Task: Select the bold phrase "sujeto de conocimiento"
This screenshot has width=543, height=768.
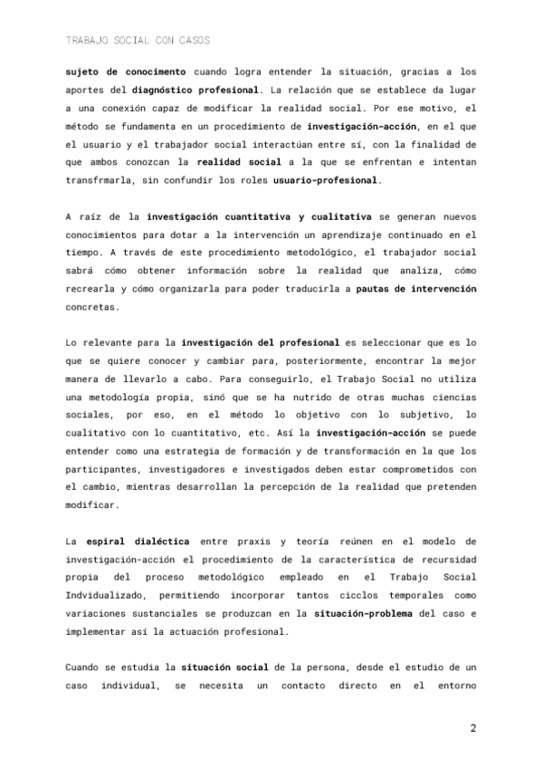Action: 125,71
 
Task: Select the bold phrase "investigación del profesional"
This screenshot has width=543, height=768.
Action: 260,344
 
